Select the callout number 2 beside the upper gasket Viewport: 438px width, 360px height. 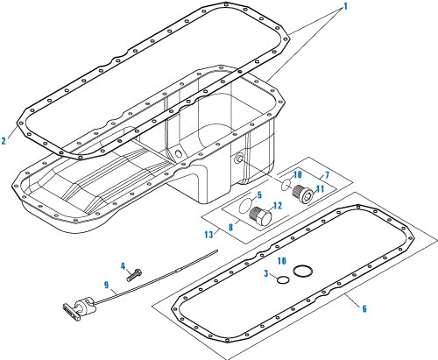click(x=5, y=140)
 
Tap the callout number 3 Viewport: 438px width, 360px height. click(x=266, y=275)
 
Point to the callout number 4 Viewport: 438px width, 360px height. click(x=123, y=265)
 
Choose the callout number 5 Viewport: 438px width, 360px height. click(x=258, y=195)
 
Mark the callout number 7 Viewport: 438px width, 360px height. click(x=327, y=176)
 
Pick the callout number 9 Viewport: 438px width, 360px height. click(x=108, y=286)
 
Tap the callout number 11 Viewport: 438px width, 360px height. click(x=319, y=188)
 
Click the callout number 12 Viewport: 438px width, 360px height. click(x=277, y=206)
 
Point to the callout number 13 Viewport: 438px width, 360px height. click(x=207, y=234)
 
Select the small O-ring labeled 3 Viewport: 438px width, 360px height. click(x=280, y=280)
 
